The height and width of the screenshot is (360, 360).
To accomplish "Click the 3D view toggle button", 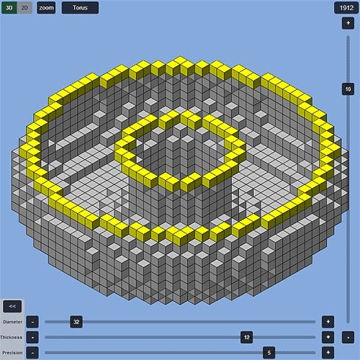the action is pos(9,8).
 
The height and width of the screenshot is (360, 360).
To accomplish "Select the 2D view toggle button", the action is pos(24,8).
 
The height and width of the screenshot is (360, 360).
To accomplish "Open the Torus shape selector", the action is pos(80,8).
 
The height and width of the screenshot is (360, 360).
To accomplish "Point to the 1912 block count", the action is pos(346,8).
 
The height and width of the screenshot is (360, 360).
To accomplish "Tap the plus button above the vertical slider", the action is pos(348,23).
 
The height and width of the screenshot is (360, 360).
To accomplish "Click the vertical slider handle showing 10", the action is pos(348,89).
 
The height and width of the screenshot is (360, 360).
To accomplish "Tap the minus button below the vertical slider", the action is pos(348,337).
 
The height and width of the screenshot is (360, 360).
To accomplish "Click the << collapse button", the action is pos(12,306).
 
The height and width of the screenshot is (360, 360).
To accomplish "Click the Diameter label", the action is pos(13,322).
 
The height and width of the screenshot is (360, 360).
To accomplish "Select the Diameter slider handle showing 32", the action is pos(76,322).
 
